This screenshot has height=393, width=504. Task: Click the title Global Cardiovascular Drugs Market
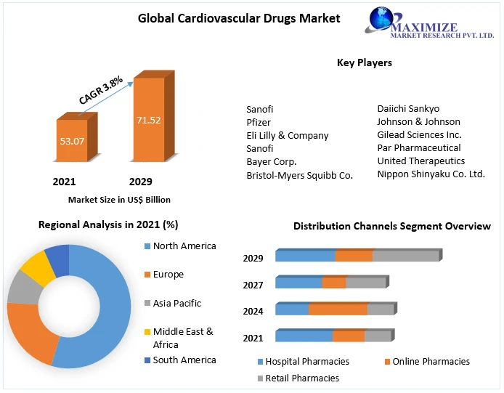[239, 18]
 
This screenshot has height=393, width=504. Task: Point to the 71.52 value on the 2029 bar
[148, 120]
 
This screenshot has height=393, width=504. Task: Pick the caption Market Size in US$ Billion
[119, 199]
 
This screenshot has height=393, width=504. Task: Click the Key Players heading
[365, 62]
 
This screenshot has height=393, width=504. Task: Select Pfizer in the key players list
[259, 122]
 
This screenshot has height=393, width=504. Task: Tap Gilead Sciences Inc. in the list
[419, 134]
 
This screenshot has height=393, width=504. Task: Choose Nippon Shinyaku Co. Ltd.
[431, 174]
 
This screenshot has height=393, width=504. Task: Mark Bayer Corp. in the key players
[272, 161]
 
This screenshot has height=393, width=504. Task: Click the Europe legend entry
[168, 275]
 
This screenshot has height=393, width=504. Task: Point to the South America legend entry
[184, 360]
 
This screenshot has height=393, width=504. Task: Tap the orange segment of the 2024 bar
[338, 309]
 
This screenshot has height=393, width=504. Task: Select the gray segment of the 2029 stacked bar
[405, 256]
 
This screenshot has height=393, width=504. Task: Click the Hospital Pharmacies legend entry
[306, 361]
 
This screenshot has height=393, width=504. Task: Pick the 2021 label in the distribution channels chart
[253, 338]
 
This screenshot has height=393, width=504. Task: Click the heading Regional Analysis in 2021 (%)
[108, 225]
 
